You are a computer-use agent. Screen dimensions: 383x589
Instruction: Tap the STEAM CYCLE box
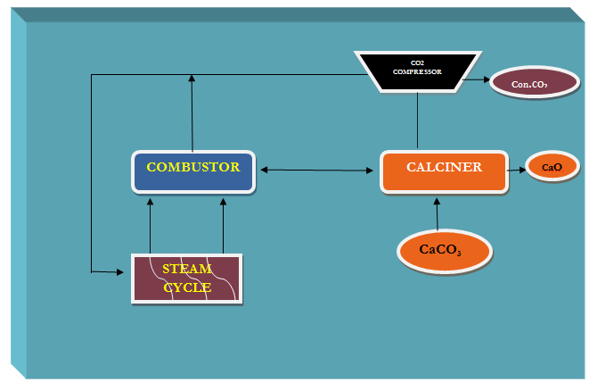click(x=186, y=279)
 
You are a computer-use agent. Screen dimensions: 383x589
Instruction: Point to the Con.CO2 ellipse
click(x=533, y=83)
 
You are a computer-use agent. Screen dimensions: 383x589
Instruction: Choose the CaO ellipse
click(x=552, y=167)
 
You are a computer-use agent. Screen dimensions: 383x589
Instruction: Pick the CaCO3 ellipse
click(x=444, y=251)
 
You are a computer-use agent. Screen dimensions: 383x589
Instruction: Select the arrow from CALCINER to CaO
click(x=515, y=168)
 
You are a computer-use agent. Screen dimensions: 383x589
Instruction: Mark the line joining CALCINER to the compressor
click(x=418, y=121)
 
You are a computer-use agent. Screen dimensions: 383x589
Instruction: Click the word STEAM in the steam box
click(x=187, y=269)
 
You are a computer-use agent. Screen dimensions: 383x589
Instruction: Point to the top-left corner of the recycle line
click(x=92, y=74)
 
